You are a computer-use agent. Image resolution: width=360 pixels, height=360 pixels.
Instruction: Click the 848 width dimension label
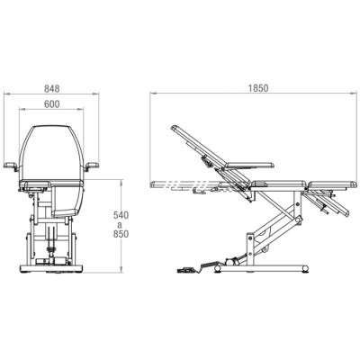coord(52,89)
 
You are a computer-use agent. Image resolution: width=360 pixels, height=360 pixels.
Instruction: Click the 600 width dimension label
coord(52,104)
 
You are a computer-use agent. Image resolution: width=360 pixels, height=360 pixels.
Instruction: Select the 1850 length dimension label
coord(258,88)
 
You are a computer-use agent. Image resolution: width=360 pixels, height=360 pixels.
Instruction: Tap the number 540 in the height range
coord(121,215)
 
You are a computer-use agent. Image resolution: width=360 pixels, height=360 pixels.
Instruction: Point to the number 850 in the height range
coord(121,234)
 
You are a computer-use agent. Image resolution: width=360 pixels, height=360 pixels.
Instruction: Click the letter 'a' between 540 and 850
coord(121,224)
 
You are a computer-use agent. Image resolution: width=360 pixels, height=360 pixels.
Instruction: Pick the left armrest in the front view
coord(11,165)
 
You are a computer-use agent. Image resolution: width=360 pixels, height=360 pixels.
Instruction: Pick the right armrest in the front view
coord(92,165)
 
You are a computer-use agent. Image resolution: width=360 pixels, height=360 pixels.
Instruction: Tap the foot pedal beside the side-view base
coord(186,269)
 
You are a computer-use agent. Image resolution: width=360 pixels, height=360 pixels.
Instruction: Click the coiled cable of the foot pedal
coord(209,265)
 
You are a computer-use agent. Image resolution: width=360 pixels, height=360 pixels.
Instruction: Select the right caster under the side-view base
coord(305,268)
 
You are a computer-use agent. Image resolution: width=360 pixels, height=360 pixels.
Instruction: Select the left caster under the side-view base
coord(218,269)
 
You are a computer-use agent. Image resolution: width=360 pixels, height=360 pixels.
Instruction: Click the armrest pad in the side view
coord(250,165)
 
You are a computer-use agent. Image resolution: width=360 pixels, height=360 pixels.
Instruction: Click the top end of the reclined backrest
coord(173,128)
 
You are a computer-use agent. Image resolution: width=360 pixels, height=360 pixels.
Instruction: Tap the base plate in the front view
coord(51,268)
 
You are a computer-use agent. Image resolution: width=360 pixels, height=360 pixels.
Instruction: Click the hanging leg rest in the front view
coord(67,200)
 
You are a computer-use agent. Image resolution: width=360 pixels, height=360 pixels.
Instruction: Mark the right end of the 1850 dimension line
coord(358,93)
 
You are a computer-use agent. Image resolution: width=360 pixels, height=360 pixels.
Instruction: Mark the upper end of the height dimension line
coord(121,180)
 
